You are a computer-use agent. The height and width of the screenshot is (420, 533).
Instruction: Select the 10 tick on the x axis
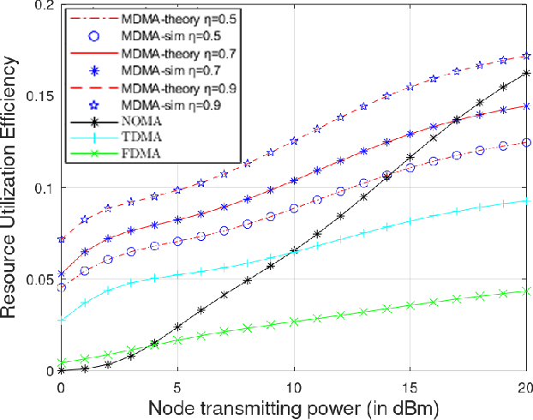click(x=294, y=382)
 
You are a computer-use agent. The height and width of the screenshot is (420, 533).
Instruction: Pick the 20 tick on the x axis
click(x=524, y=382)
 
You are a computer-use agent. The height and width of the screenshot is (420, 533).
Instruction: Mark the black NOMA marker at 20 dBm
click(x=525, y=74)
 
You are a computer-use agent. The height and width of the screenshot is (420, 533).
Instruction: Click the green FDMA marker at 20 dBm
click(x=525, y=291)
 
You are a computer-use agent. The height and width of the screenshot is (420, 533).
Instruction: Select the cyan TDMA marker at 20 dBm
click(x=525, y=201)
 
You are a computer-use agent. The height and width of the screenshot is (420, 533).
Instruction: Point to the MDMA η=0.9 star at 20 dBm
click(x=525, y=57)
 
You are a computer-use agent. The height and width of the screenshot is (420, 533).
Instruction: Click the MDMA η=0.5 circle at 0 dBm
click(x=61, y=288)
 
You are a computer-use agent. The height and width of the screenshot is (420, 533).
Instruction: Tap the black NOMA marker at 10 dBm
click(x=294, y=250)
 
